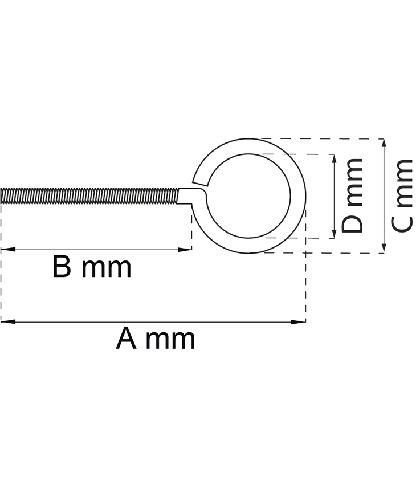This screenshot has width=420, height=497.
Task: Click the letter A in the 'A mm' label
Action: pyautogui.click(x=127, y=339)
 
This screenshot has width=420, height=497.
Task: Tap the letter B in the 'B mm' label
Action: pyautogui.click(x=62, y=267)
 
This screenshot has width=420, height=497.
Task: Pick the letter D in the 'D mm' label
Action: pyautogui.click(x=353, y=223)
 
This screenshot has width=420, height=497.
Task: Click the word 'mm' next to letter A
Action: pyautogui.click(x=170, y=339)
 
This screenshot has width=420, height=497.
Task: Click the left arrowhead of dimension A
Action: pyautogui.click(x=7, y=321)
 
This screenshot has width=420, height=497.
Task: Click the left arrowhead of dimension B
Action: pyautogui.click(x=7, y=249)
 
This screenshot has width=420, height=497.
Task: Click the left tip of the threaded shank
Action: pyautogui.click(x=2, y=195)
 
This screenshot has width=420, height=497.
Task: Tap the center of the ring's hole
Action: pyautogui.click(x=248, y=196)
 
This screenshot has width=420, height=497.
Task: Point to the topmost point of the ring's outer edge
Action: pyautogui.click(x=248, y=139)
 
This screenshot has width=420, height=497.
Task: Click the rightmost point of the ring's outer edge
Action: pyautogui.click(x=305, y=196)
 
